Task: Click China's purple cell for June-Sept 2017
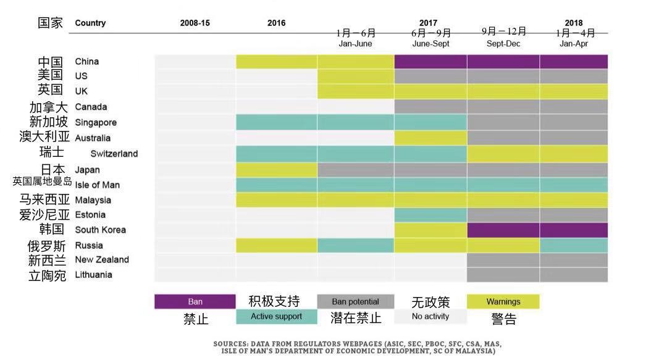tap(430, 62)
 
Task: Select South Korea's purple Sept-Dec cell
tap(503, 230)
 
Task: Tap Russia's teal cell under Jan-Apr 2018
tap(574, 246)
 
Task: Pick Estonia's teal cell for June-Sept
tap(430, 215)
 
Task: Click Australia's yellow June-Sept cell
tap(430, 138)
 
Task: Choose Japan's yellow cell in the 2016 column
tap(277, 170)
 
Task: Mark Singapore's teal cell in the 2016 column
tap(277, 122)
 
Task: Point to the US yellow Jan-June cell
tap(356, 77)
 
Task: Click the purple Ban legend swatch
tap(195, 301)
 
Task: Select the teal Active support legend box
tap(277, 317)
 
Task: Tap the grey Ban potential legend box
tap(355, 301)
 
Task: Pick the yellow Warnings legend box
tap(503, 301)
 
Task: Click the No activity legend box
tap(430, 317)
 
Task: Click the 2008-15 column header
tap(195, 23)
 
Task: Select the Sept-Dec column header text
tap(503, 44)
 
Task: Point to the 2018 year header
tap(574, 23)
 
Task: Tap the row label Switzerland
tap(114, 154)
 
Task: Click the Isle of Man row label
tap(98, 185)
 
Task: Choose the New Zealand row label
tap(102, 260)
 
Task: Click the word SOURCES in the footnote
tap(230, 344)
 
